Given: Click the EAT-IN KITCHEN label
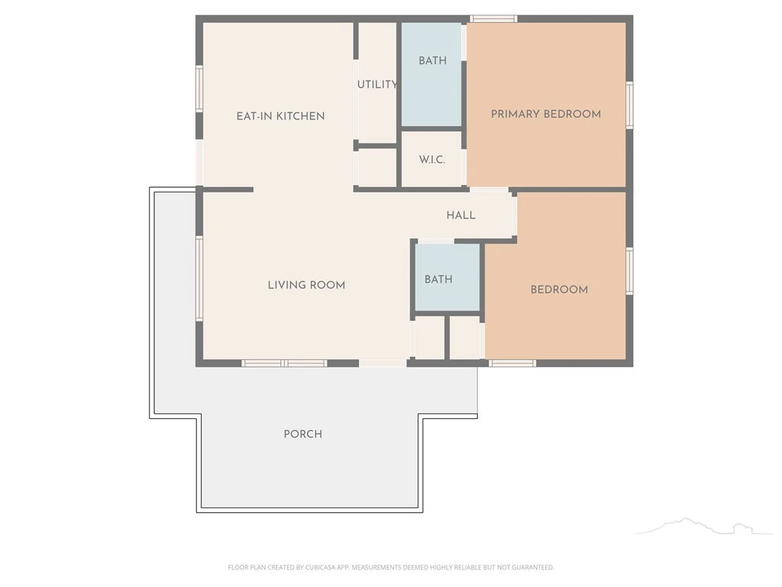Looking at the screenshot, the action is click(280, 116).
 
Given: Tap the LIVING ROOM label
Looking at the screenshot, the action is click(306, 285).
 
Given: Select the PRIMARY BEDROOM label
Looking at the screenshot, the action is click(545, 115).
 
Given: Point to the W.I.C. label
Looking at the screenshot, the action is click(432, 160).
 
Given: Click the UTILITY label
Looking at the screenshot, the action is click(377, 85).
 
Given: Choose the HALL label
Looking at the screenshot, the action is click(460, 215).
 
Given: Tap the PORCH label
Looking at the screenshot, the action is click(302, 434).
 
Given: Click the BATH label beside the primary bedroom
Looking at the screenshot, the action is click(432, 61).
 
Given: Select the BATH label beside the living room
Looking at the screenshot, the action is click(438, 280).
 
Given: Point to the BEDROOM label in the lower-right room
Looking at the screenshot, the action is click(559, 290).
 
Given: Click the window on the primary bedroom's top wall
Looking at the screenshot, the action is click(493, 19).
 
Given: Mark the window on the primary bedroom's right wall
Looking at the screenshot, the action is click(629, 105).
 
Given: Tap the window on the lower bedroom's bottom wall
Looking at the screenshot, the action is click(512, 363).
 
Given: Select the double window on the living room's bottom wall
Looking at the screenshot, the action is click(284, 363).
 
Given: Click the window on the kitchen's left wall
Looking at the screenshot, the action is click(199, 89).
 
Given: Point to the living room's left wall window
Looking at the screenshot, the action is click(199, 278).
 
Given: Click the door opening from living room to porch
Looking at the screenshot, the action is click(383, 363).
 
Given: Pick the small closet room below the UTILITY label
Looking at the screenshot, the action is click(377, 167).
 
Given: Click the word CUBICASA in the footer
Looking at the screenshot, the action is click(320, 568).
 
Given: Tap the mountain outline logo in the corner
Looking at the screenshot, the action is click(703, 526).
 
